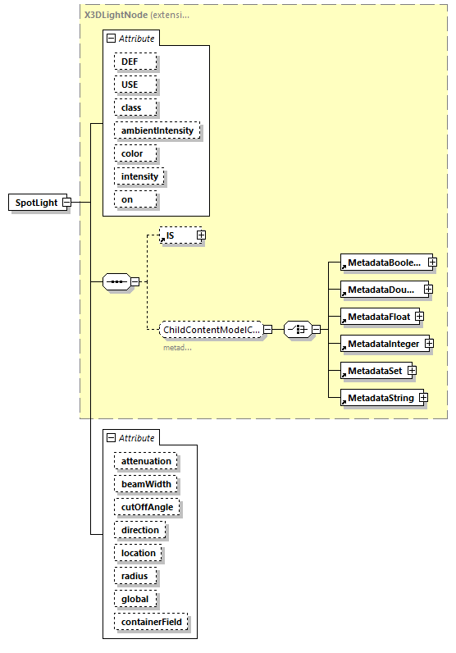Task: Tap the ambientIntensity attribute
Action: pyautogui.click(x=157, y=130)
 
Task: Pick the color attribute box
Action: pyautogui.click(x=132, y=153)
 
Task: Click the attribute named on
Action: pyautogui.click(x=127, y=199)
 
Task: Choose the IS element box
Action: pyautogui.click(x=176, y=235)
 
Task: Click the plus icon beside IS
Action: pyautogui.click(x=200, y=235)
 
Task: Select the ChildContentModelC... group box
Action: pyautogui.click(x=212, y=330)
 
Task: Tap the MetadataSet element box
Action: pyautogui.click(x=374, y=371)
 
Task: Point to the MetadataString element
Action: pyautogui.click(x=380, y=399)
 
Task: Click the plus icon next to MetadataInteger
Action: pyautogui.click(x=429, y=343)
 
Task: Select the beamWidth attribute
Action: pyautogui.click(x=146, y=484)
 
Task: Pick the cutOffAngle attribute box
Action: pyautogui.click(x=147, y=507)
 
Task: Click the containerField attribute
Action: pyautogui.click(x=151, y=622)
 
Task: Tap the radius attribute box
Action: pyautogui.click(x=135, y=576)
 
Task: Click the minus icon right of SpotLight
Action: pyautogui.click(x=66, y=203)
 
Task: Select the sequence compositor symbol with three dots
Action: pyautogui.click(x=117, y=282)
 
